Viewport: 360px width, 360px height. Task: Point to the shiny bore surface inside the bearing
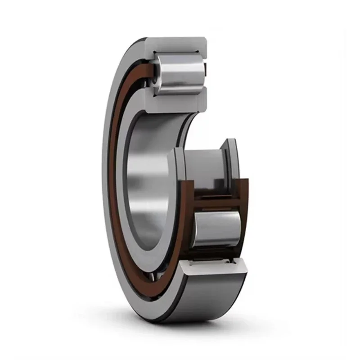(144, 180)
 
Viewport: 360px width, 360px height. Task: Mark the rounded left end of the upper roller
(156, 74)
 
